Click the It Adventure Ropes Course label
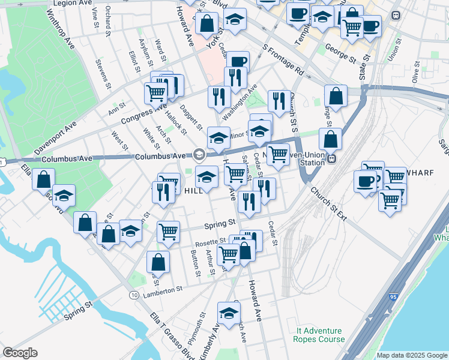pyautogui.click(x=319, y=335)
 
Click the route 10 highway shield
pyautogui.click(x=134, y=295)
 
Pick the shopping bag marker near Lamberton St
pyautogui.click(x=158, y=262)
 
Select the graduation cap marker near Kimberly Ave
pyautogui.click(x=228, y=313)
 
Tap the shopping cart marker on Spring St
pyautogui.click(x=168, y=230)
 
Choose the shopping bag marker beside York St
pyautogui.click(x=206, y=24)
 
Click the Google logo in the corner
pyautogui.click(x=20, y=353)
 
